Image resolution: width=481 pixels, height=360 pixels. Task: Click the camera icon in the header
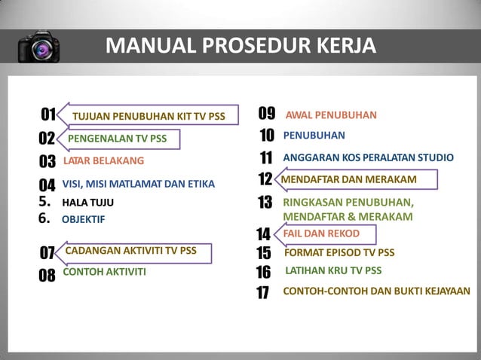click(x=38, y=46)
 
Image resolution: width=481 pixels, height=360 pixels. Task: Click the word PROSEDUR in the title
click(x=240, y=46)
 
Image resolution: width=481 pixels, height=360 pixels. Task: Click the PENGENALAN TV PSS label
click(x=117, y=139)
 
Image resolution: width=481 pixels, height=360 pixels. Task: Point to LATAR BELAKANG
click(x=103, y=160)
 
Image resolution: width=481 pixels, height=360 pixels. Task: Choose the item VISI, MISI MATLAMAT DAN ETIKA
click(x=138, y=183)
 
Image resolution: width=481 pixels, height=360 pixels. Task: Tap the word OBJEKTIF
click(x=83, y=219)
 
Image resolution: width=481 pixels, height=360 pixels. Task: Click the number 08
click(x=47, y=274)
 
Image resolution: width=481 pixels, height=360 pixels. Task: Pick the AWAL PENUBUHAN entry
click(x=330, y=115)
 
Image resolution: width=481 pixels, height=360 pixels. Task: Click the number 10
click(x=266, y=136)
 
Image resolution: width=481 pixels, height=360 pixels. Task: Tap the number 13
click(x=265, y=203)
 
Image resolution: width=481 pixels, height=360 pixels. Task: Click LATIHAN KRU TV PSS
click(x=333, y=270)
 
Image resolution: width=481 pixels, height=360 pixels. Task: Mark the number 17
click(x=262, y=293)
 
